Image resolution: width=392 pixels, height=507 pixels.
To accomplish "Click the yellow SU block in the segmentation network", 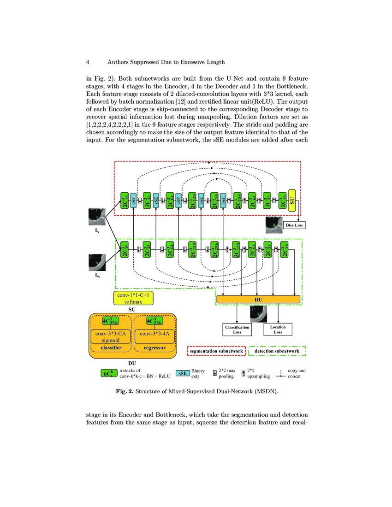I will [x=291, y=200].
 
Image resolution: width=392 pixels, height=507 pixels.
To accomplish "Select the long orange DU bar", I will [x=258, y=300].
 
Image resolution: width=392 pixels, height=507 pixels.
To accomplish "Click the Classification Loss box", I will [x=237, y=329].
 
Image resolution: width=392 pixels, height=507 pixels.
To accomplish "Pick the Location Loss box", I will [x=278, y=329].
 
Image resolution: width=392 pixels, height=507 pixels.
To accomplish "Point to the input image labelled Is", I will [x=97, y=217].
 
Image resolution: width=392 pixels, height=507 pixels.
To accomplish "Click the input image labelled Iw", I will [x=97, y=262].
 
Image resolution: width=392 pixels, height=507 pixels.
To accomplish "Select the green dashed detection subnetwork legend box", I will [x=277, y=351].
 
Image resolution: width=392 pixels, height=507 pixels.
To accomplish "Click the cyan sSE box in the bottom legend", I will [x=183, y=373].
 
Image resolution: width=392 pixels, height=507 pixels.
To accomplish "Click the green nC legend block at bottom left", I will [x=108, y=373].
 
